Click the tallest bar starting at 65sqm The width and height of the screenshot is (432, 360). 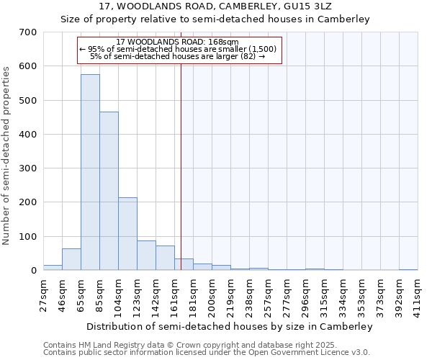tap(90, 173)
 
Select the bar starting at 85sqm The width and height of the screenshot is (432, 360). tap(109, 191)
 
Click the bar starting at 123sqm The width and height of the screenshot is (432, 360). tap(146, 256)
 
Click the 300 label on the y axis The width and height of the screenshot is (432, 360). tap(28, 168)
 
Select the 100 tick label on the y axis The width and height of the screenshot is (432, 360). tap(28, 237)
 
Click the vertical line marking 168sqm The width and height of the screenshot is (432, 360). tap(181, 166)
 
